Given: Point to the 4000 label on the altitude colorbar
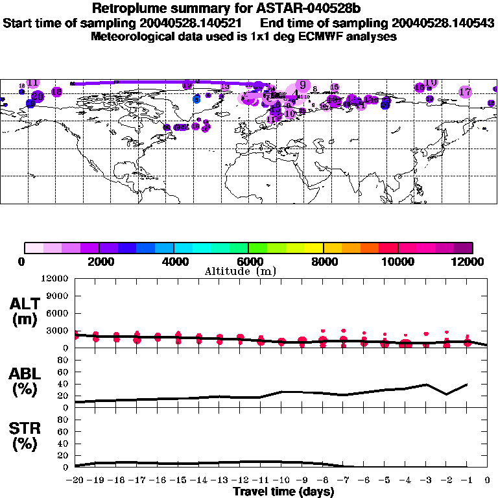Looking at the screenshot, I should pos(174,261).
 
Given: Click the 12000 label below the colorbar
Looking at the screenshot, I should pos(469,261).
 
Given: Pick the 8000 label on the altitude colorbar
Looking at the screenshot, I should pos(323,261).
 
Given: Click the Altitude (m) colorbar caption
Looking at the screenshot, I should pos(240,271).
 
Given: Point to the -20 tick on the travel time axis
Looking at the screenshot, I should pos(75,480).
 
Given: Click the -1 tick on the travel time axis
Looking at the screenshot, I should pos(467,480).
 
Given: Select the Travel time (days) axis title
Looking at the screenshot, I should pos(283,492).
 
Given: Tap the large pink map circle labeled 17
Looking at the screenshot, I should pos(465,92).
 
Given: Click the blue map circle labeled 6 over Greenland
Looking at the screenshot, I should pos(196,99).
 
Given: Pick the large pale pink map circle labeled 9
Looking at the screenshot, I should pos(302,86).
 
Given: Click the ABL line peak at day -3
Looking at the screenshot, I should pos(425,385).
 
